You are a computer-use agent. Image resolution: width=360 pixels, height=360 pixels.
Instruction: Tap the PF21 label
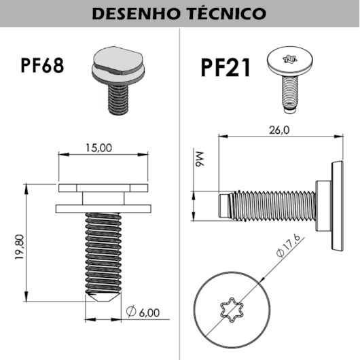[x=226, y=68]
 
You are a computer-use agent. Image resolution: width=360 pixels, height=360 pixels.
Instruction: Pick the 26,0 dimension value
[x=278, y=129]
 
